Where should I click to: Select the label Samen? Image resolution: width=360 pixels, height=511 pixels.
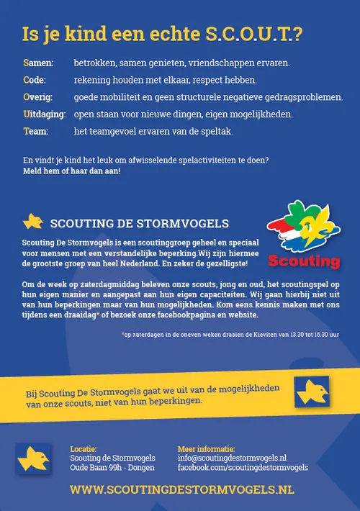[38, 63]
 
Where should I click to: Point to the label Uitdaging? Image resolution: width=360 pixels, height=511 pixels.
[44, 114]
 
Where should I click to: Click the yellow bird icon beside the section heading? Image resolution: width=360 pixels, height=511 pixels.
[33, 221]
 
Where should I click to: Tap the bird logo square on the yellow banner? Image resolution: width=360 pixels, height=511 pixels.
[312, 392]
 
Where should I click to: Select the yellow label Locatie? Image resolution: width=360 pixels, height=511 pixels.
[84, 449]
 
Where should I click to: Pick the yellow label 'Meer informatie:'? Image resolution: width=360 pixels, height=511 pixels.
[206, 449]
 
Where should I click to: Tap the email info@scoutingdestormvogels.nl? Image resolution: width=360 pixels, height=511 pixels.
[232, 458]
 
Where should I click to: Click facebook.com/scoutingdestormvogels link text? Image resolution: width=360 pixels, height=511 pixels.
[243, 468]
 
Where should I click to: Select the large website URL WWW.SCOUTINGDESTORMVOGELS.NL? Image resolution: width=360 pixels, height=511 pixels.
[182, 489]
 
